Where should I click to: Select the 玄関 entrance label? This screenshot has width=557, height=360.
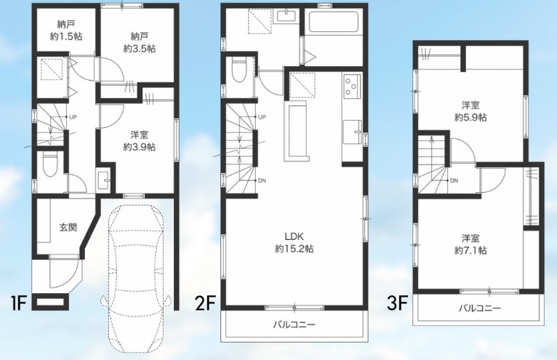68,228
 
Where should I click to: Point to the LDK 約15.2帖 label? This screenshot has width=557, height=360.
293,242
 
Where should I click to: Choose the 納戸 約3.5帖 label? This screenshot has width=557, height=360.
140,41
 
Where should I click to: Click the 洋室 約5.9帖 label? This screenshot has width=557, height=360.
470,110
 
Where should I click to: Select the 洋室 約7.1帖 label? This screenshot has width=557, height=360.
470,244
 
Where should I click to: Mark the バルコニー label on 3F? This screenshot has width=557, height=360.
479,308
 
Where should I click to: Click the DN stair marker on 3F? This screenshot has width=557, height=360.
454,180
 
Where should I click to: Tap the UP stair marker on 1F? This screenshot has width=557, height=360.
73,116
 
